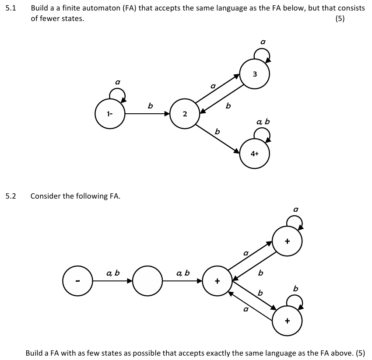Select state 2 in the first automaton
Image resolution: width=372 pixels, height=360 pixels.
point(185,114)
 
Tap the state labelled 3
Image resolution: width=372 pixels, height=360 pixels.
point(255,74)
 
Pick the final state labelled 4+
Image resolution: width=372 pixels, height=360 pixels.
point(255,154)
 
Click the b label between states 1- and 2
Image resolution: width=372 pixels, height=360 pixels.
point(150,105)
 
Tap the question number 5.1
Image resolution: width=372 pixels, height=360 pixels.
point(11,8)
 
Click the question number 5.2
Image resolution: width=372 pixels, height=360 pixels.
point(11,196)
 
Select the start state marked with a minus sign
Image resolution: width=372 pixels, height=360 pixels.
point(77,280)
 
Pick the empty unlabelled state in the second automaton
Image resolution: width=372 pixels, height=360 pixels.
point(147,280)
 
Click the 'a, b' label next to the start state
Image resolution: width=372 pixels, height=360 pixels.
point(112,273)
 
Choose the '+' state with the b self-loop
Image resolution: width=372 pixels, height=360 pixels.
point(287,321)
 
